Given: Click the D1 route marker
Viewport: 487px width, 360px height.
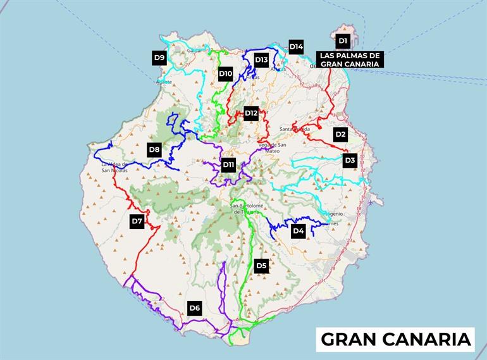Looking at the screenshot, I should [x=343, y=41].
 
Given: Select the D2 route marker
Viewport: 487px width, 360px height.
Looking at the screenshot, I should [x=340, y=134].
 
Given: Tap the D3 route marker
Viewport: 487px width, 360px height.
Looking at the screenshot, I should [x=350, y=161].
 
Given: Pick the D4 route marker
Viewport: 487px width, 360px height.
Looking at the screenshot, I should [x=299, y=232].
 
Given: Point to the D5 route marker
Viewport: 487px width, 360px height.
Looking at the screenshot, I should [x=261, y=266].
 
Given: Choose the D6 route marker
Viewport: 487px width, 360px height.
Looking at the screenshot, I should [x=195, y=309].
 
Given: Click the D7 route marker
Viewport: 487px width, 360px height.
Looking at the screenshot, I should [x=137, y=221].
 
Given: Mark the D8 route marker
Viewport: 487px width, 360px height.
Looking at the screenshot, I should [x=154, y=150].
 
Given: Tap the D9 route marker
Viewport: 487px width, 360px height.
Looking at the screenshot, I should [x=159, y=58].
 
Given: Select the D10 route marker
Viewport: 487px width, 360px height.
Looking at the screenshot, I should [x=226, y=74].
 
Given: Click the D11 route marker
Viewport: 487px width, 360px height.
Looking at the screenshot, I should [x=228, y=165].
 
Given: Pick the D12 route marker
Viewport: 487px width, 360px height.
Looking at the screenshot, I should [x=251, y=113].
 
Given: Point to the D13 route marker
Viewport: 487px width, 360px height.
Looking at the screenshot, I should [x=261, y=59].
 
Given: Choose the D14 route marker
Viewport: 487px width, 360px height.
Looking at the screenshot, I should [x=296, y=46].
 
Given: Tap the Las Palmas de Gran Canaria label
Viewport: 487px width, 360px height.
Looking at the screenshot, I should [x=350, y=60].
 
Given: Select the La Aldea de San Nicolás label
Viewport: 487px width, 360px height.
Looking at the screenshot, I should [x=114, y=167].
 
